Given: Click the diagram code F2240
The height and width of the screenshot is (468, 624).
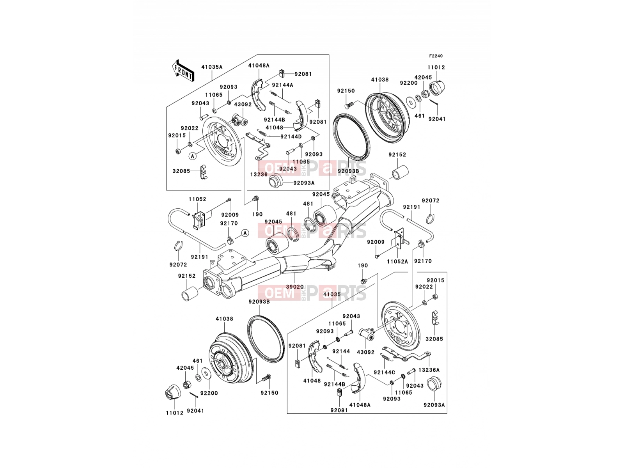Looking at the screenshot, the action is point(436,56).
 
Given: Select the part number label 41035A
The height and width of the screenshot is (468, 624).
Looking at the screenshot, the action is point(212,67).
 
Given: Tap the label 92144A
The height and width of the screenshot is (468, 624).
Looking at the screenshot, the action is point(282,85).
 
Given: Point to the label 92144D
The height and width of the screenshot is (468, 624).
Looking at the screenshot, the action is point(291,136).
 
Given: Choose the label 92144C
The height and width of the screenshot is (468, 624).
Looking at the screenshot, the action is point(385,372).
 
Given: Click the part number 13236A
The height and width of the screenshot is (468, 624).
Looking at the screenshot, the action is point(429,370).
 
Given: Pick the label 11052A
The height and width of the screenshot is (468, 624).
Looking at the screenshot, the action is point(397,261).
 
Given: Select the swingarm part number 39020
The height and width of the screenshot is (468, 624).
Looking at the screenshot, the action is point(295,287).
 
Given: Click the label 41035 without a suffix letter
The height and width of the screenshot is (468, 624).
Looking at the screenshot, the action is point(332,294).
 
